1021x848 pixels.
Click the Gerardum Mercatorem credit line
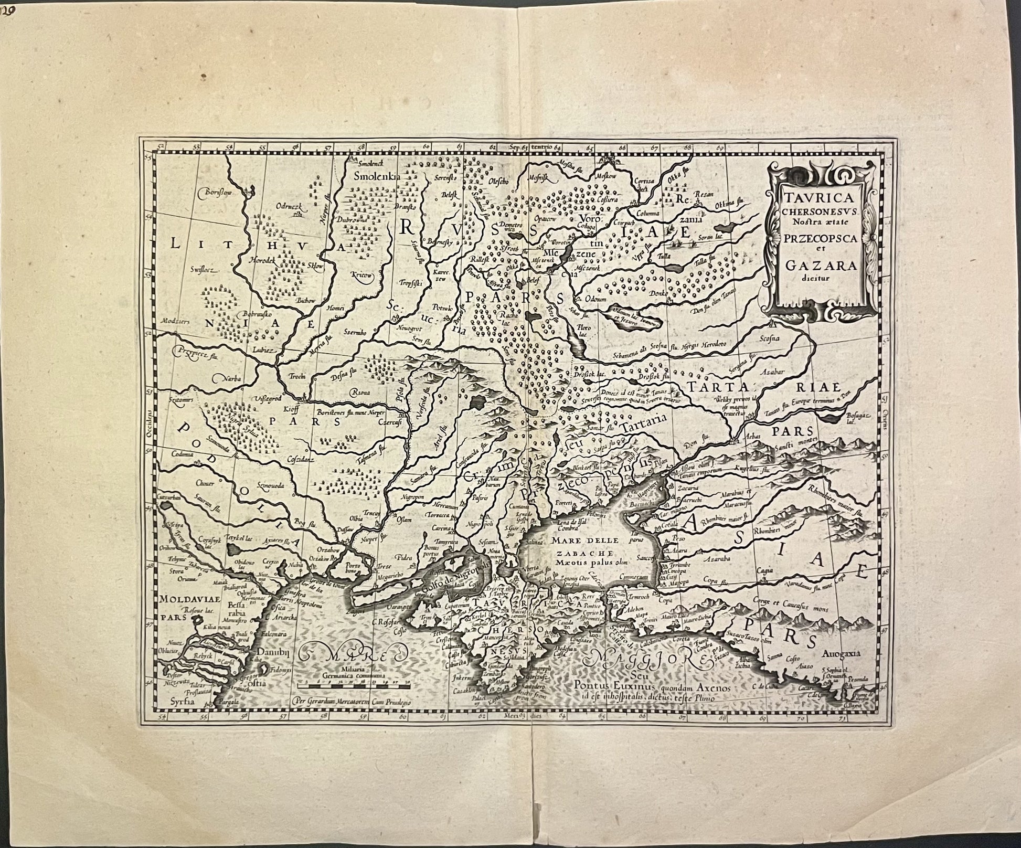click(x=353, y=701)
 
